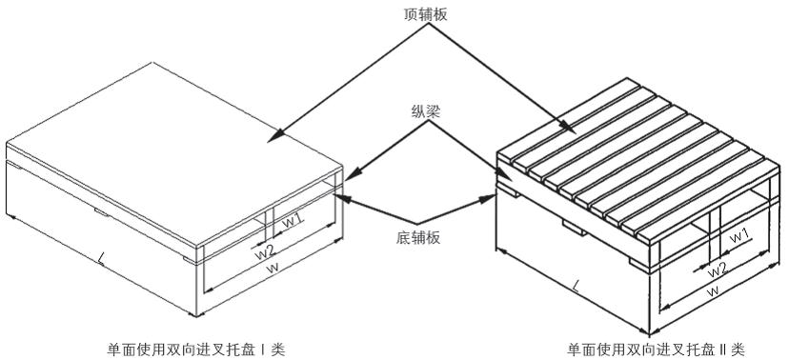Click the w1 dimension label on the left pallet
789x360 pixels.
[x=293, y=219]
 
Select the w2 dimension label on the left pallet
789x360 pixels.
[x=264, y=252]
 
